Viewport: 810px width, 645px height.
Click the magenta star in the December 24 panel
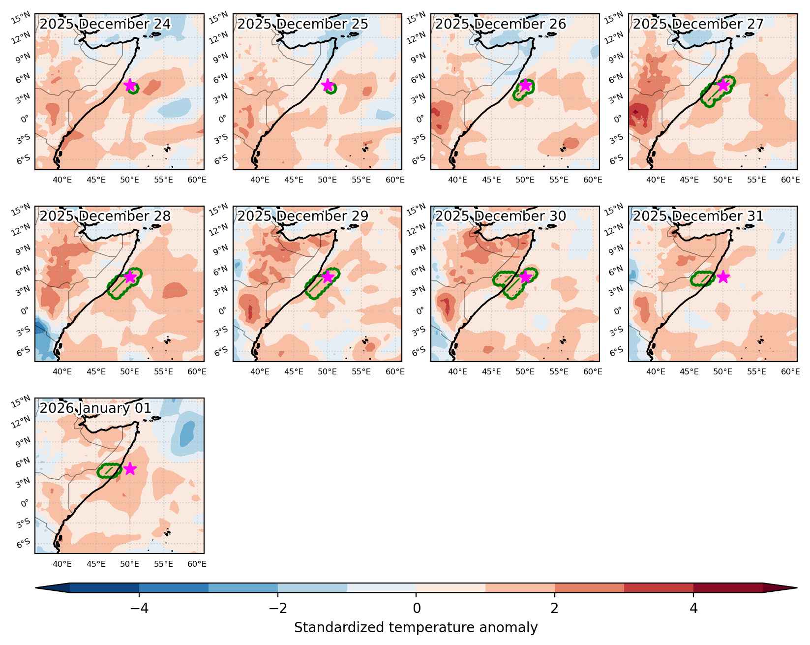[x=129, y=85]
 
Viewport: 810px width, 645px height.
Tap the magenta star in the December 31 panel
[x=723, y=277]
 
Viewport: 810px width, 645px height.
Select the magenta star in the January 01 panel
[x=129, y=469]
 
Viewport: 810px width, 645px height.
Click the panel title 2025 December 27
[x=698, y=24]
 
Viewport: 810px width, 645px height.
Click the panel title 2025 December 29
[x=303, y=216]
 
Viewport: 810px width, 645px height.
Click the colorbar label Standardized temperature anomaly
[x=416, y=628]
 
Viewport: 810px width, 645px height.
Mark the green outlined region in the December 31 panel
[x=702, y=279]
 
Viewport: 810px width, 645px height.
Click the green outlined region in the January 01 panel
[x=109, y=471]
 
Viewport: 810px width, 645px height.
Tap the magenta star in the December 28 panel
[x=129, y=277]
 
